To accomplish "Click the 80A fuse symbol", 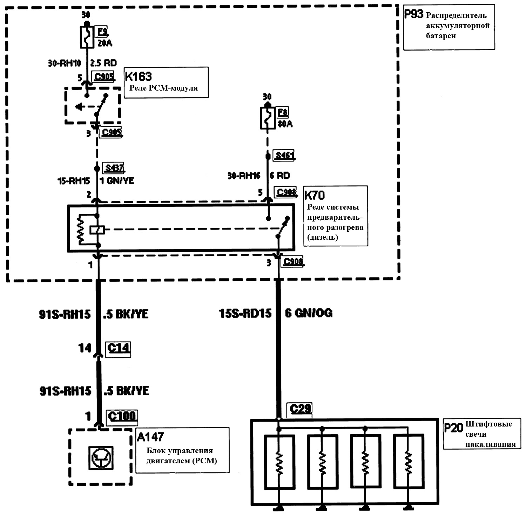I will pyautogui.click(x=267, y=119).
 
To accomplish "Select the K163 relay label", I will pyautogui.click(x=139, y=76).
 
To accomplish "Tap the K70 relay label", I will pyautogui.click(x=314, y=195).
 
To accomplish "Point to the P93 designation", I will pyautogui.click(x=414, y=14).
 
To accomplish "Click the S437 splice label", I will pyautogui.click(x=114, y=168).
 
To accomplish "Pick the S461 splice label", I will pyautogui.click(x=284, y=155).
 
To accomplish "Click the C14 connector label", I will pyautogui.click(x=119, y=348).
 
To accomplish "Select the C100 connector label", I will pyautogui.click(x=122, y=416).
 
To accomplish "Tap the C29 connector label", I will pyautogui.click(x=301, y=409).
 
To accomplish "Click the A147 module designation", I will pyautogui.click(x=150, y=437).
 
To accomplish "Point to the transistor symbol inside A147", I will pyautogui.click(x=101, y=457).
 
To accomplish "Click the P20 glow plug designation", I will pyautogui.click(x=453, y=428).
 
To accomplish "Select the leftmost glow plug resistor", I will pyautogui.click(x=279, y=462).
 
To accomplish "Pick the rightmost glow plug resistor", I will pyautogui.click(x=408, y=462).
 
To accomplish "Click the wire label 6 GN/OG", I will pyautogui.click(x=309, y=313).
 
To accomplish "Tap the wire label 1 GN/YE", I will pyautogui.click(x=118, y=181).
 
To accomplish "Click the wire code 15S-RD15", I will pyautogui.click(x=245, y=313).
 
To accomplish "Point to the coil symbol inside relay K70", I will pyautogui.click(x=97, y=230).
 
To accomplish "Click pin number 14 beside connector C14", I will pyautogui.click(x=85, y=348).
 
